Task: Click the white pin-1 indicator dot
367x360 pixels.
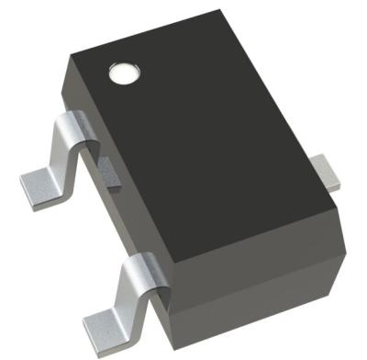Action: click(x=121, y=73)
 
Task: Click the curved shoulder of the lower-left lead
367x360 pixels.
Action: click(x=139, y=270)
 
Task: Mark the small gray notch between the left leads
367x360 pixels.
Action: click(x=108, y=173)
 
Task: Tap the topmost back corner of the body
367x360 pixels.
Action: click(x=223, y=11)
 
